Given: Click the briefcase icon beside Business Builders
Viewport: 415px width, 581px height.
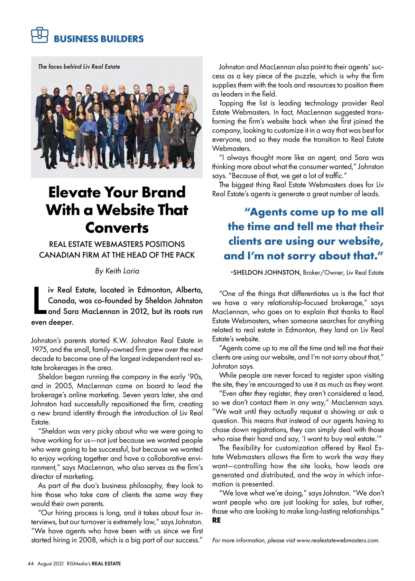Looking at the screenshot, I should pyautogui.click(x=39, y=35).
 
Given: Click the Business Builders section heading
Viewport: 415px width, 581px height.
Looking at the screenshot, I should pyautogui.click(x=99, y=39).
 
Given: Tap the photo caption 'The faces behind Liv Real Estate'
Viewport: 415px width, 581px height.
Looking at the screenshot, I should pyautogui.click(x=79, y=66).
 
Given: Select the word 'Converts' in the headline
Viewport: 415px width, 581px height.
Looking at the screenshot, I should pyautogui.click(x=117, y=228).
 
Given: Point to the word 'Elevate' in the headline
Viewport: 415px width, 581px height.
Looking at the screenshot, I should pyautogui.click(x=74, y=192).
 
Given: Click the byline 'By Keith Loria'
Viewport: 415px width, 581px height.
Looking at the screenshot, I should pyautogui.click(x=117, y=271).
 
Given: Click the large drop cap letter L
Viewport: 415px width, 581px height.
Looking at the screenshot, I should pyautogui.click(x=39, y=300).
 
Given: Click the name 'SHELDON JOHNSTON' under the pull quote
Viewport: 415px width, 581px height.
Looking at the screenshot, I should pyautogui.click(x=266, y=273).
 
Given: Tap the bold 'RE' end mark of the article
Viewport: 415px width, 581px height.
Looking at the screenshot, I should pyautogui.click(x=216, y=520).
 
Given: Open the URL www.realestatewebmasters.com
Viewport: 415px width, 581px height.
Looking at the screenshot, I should pyautogui.click(x=338, y=540).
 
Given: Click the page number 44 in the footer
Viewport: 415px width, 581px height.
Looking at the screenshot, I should pyautogui.click(x=31, y=564).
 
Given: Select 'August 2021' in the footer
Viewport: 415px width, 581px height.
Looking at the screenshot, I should pyautogui.click(x=50, y=564).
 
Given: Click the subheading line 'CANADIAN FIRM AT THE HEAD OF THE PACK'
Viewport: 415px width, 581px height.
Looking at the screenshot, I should pyautogui.click(x=117, y=255).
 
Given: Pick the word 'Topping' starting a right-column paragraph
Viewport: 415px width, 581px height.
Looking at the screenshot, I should pyautogui.click(x=231, y=103).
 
